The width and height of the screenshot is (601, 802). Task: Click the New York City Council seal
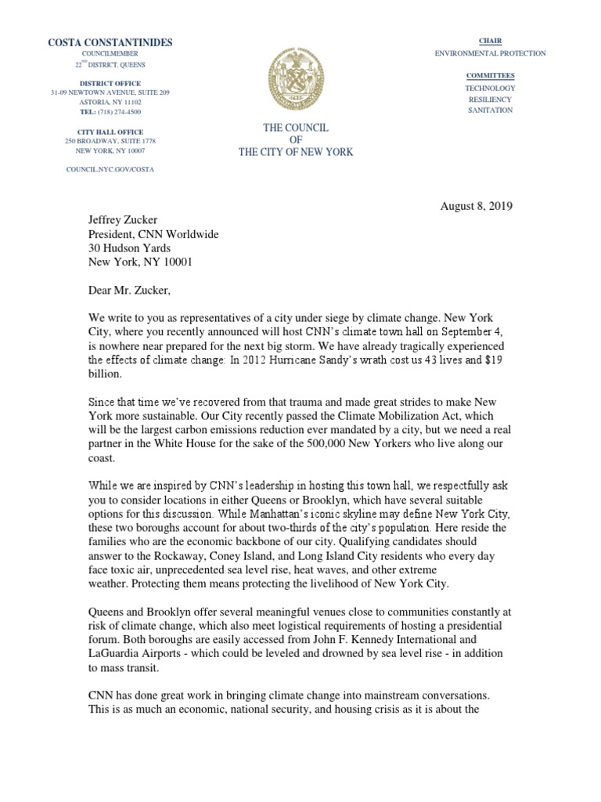point(294,80)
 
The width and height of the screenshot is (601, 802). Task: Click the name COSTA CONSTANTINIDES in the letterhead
point(110,42)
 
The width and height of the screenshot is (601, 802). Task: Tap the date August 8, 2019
point(477,207)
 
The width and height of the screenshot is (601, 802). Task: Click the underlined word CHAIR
point(490,41)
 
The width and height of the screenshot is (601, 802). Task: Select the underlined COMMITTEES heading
point(490,75)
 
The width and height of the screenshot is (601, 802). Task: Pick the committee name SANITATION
point(490,110)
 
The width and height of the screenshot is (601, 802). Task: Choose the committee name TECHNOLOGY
point(490,89)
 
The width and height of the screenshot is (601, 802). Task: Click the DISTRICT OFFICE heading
point(110,83)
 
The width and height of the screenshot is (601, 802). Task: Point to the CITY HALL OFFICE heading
point(110,131)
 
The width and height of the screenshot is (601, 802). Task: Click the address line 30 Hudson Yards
point(128,249)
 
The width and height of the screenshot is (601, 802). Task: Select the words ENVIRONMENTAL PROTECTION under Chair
point(490,53)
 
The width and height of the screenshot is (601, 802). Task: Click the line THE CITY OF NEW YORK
point(295,152)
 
